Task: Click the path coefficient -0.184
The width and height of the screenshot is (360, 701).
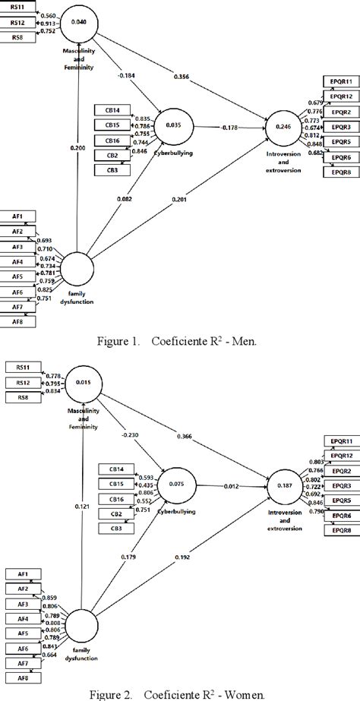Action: click(x=128, y=76)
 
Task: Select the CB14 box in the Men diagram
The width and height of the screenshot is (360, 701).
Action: click(x=112, y=110)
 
